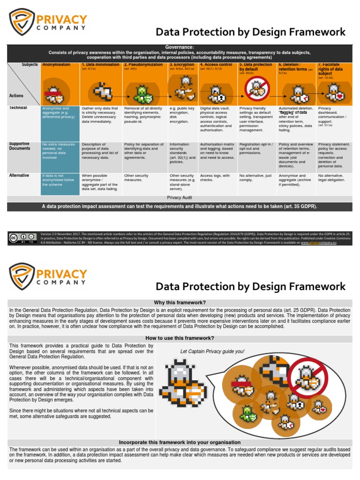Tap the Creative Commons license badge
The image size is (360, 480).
pyautogui.click(x=22, y=238)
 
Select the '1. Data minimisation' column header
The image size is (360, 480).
pyautogui.click(x=100, y=65)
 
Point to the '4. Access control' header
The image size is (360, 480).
pyautogui.click(x=216, y=65)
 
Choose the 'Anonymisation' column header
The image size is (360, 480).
pyautogui.click(x=56, y=65)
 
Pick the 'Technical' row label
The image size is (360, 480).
pyautogui.click(x=18, y=108)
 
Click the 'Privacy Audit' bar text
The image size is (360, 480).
pyautogui.click(x=180, y=198)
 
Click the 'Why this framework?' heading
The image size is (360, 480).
pyautogui.click(x=180, y=303)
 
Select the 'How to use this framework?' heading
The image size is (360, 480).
pyautogui.click(x=180, y=338)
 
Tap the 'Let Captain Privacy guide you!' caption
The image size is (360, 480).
pyautogui.click(x=212, y=351)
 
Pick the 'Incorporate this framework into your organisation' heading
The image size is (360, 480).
pyautogui.click(x=180, y=442)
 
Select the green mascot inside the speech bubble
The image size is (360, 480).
pyautogui.click(x=247, y=413)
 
